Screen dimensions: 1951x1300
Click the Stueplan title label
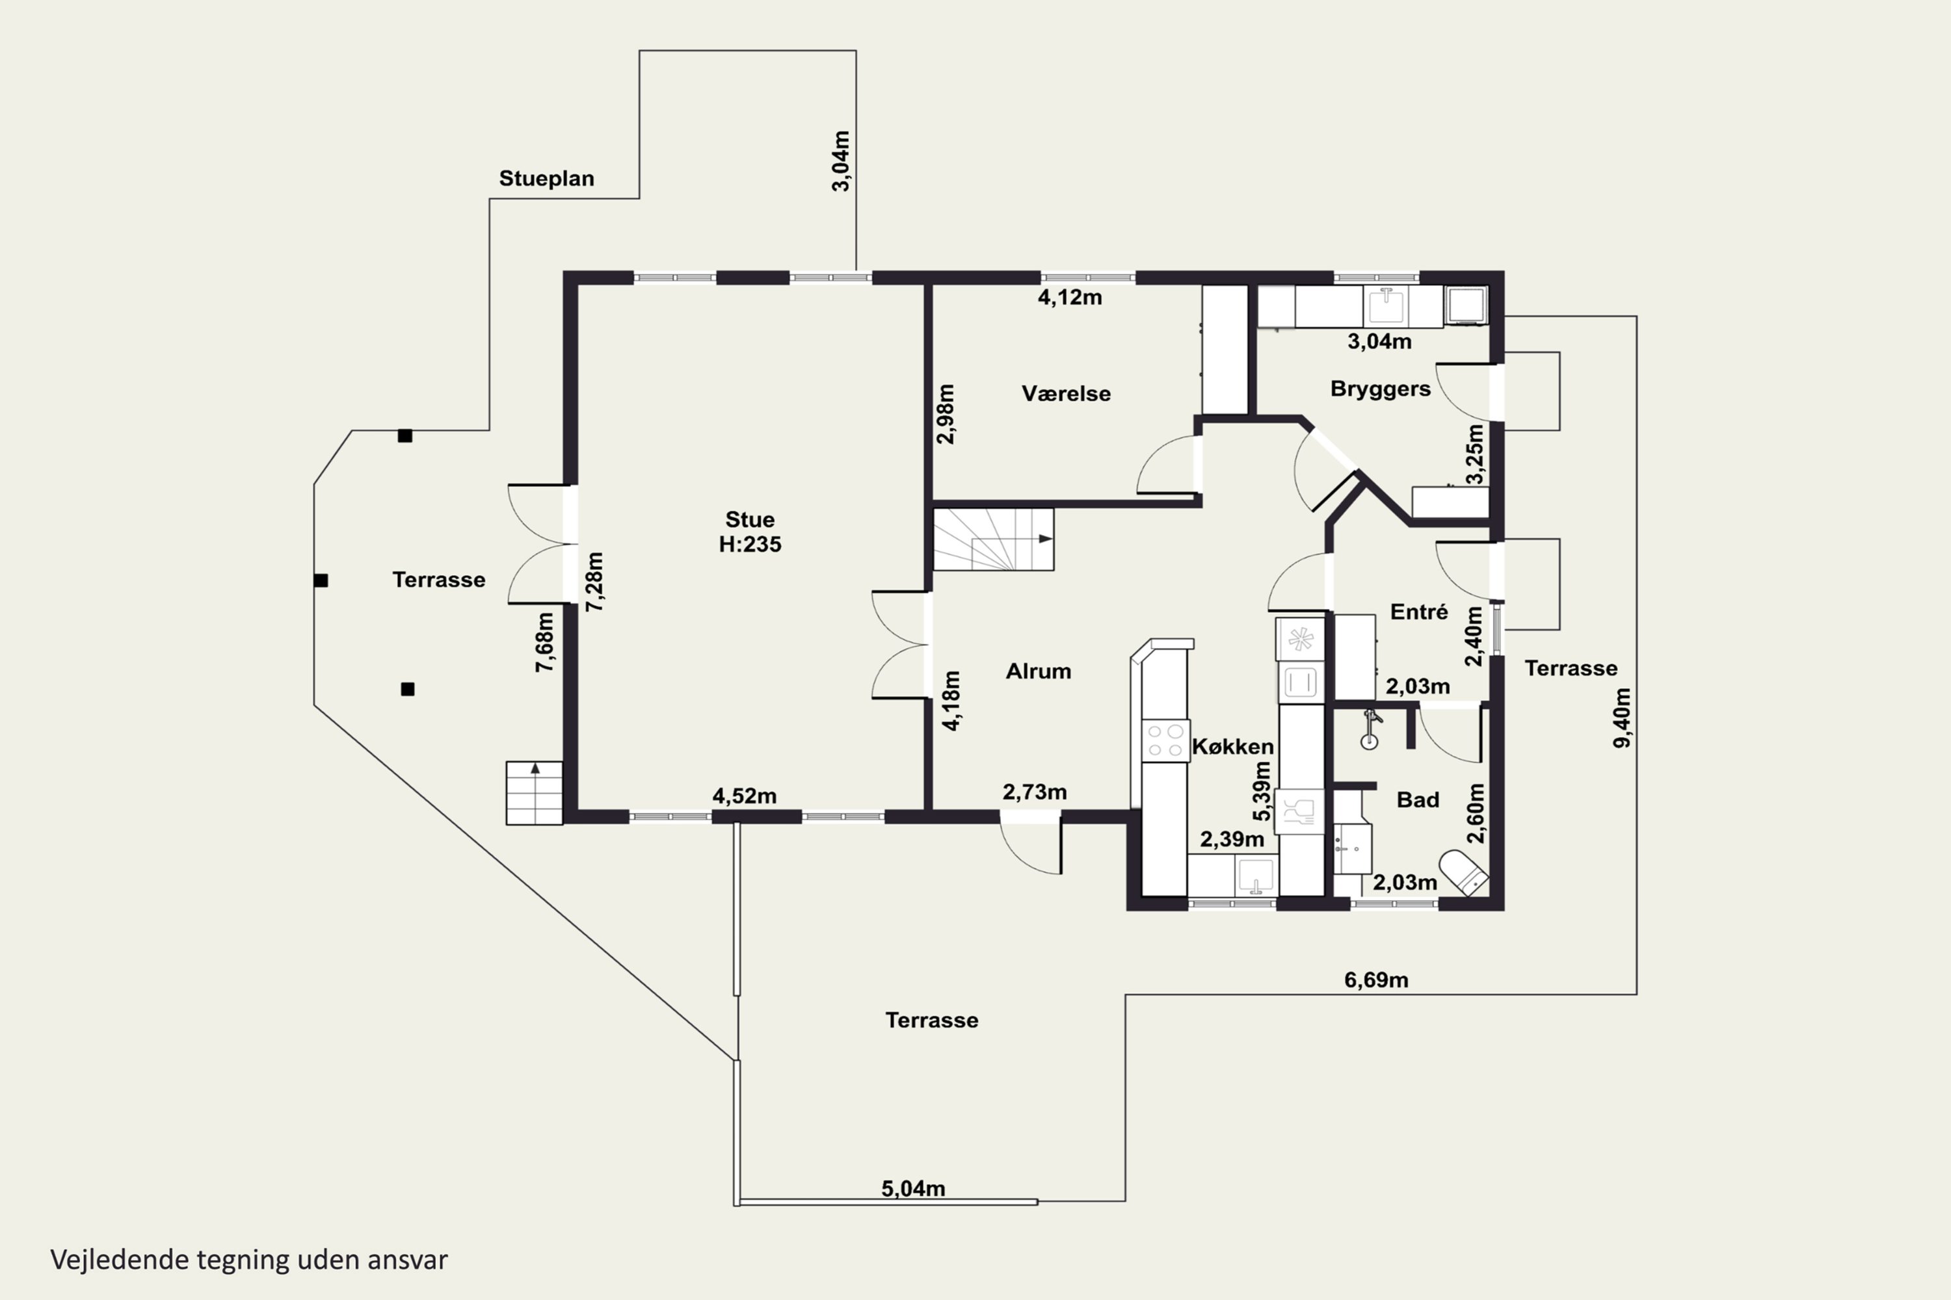point(547,178)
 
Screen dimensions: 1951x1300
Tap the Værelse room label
point(1066,393)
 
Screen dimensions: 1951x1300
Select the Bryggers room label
point(1380,389)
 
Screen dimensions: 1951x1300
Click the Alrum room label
point(1039,671)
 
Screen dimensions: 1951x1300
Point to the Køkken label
point(1232,746)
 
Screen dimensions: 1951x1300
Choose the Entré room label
point(1419,612)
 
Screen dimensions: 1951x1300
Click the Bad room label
point(1418,799)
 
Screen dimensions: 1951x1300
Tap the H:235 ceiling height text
point(750,544)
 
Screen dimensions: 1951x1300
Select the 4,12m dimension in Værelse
point(1070,297)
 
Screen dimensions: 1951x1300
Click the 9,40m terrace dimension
point(1623,718)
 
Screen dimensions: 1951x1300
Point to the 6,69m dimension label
point(1376,980)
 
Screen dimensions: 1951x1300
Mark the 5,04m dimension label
point(913,1188)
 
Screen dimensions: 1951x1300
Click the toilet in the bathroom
point(1464,872)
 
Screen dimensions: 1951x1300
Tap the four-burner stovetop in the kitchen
point(1165,740)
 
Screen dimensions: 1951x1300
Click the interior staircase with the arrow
point(994,539)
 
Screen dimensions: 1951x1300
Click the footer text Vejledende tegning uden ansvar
point(249,1260)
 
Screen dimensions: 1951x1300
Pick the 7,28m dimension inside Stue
point(595,582)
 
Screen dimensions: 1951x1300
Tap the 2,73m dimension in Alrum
point(1035,792)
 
